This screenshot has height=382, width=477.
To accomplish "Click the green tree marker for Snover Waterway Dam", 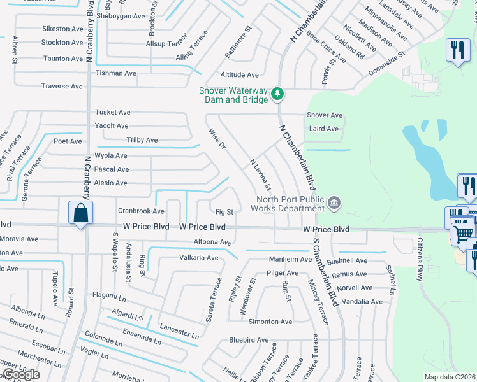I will pyautogui.click(x=277, y=94).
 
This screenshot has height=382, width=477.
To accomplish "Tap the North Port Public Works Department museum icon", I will pyautogui.click(x=334, y=204).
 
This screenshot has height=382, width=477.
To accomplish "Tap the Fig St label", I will pyautogui.click(x=224, y=211).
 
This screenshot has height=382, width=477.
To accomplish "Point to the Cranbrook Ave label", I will pyautogui.click(x=141, y=211).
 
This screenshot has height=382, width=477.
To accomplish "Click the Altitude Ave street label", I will pyautogui.click(x=240, y=75).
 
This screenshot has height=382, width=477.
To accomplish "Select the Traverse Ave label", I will pyautogui.click(x=62, y=86).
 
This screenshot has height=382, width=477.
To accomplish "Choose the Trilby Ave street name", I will pyautogui.click(x=142, y=140).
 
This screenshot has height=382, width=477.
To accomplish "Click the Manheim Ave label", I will pyautogui.click(x=290, y=259).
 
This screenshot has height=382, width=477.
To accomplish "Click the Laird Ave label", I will pyautogui.click(x=323, y=129).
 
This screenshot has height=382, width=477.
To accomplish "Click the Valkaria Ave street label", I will pyautogui.click(x=198, y=258).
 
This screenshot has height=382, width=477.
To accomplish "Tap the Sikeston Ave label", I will pyautogui.click(x=62, y=29).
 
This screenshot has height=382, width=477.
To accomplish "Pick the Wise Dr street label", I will pyautogui.click(x=218, y=138).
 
